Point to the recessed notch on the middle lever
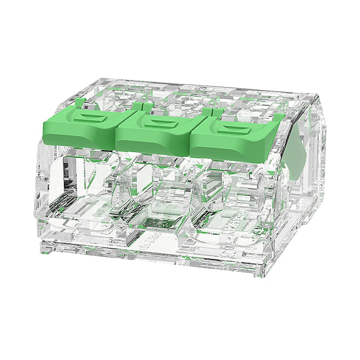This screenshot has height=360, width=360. (x=161, y=124)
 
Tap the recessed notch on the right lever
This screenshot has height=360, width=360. (x=236, y=130)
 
